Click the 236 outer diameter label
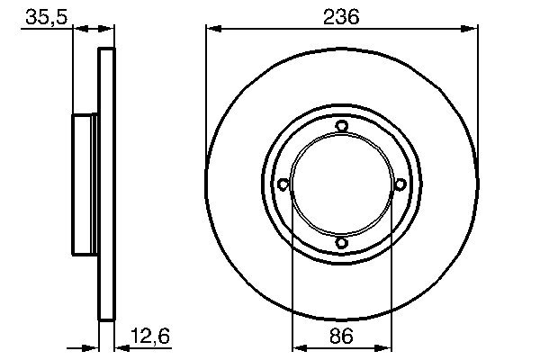point(341,15)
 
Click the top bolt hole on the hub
point(341,127)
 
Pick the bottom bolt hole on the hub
point(341,242)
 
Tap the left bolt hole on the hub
point(283,184)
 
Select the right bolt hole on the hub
point(399,184)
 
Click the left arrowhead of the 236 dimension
point(212,29)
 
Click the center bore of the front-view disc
point(341,184)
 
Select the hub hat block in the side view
point(85,184)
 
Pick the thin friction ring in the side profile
point(106,184)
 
